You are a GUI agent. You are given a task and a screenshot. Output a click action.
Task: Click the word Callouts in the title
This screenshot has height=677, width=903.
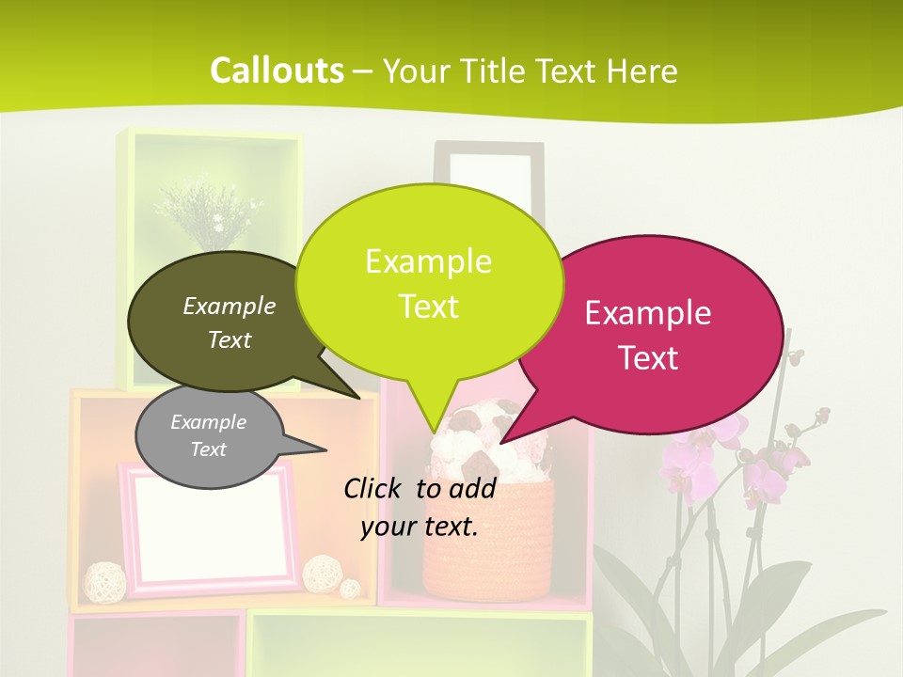click(x=277, y=71)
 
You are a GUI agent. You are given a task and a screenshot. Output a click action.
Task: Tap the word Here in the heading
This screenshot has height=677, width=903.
click(x=642, y=71)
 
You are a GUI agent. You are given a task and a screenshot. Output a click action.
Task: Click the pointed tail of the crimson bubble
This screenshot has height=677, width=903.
click(x=517, y=428)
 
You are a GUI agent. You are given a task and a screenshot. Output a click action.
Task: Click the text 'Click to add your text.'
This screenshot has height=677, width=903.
click(x=420, y=507)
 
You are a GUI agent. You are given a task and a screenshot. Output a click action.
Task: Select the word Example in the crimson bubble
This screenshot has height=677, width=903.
click(x=648, y=313)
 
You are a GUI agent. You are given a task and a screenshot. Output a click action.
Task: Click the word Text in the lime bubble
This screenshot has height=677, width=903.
click(x=429, y=307)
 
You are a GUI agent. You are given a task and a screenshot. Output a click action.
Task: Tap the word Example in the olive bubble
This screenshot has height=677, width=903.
click(x=230, y=306)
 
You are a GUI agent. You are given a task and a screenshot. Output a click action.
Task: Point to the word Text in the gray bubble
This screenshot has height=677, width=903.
click(x=208, y=449)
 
